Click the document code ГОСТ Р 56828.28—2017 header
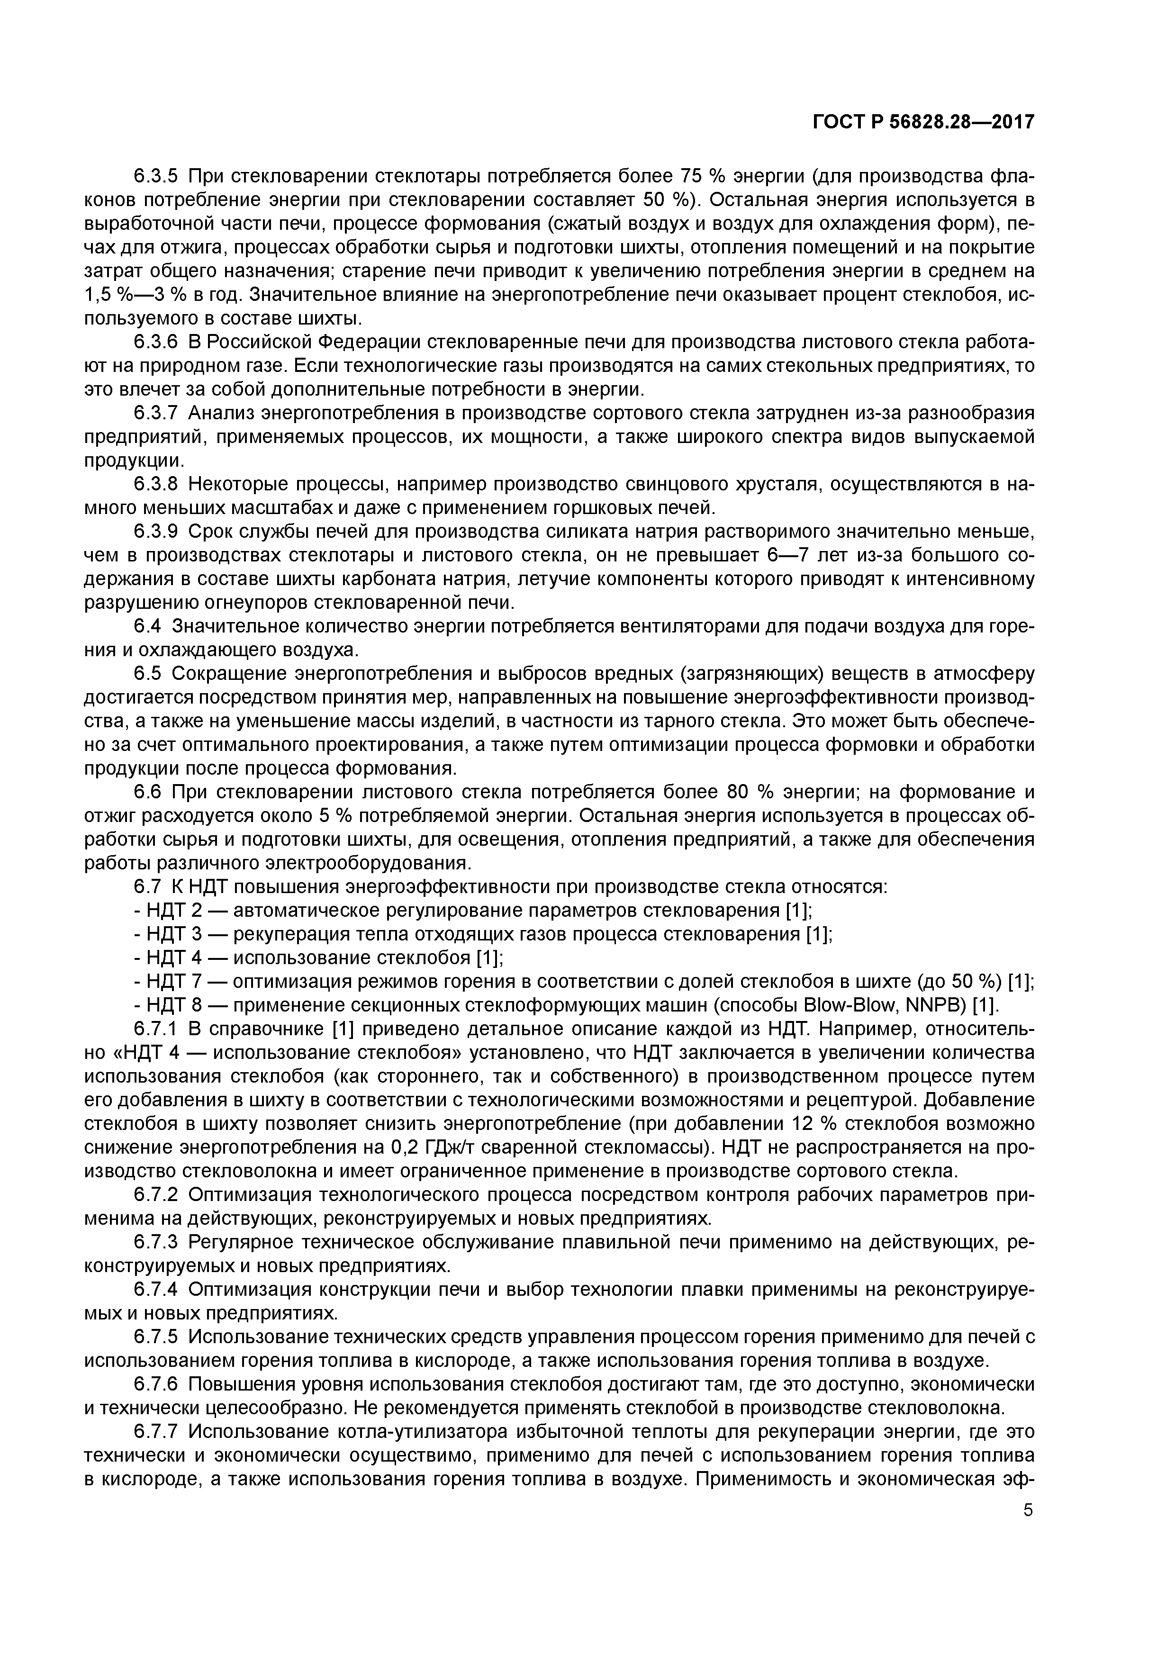[923, 122]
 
